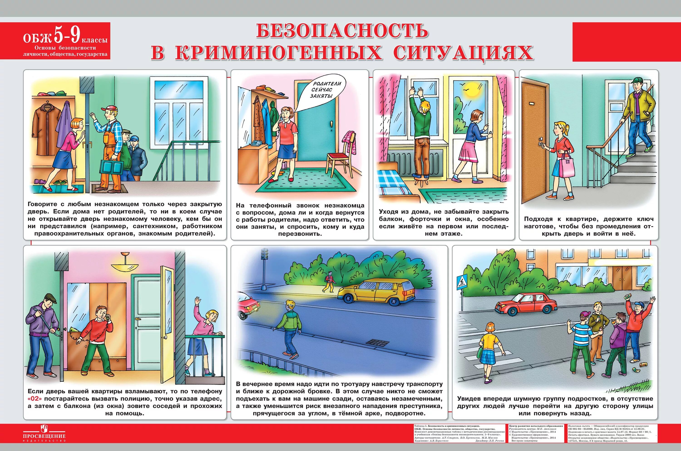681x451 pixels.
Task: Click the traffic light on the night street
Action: (x=264, y=254)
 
